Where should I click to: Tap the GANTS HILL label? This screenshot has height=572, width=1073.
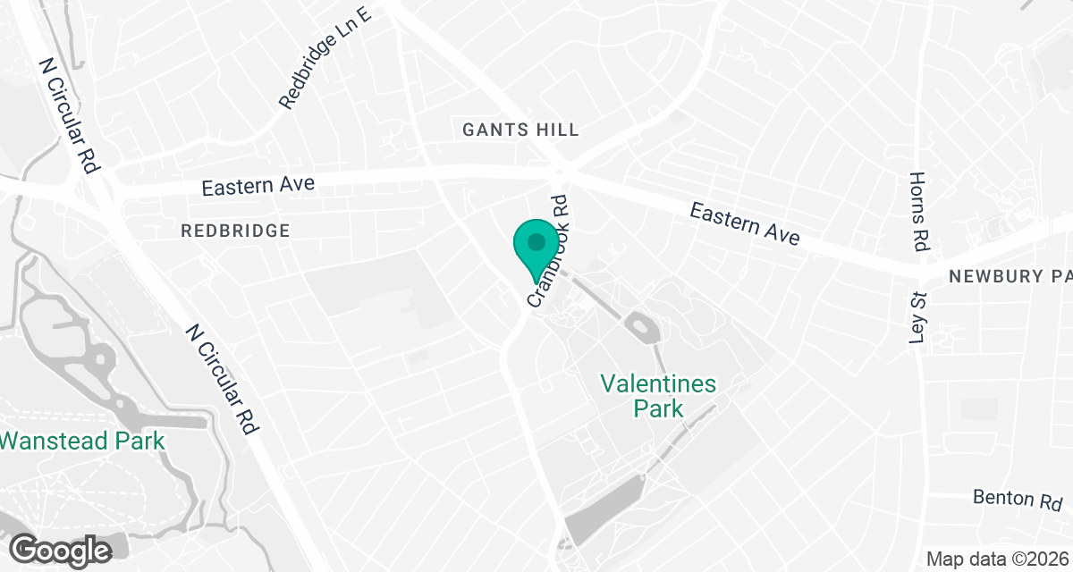pyautogui.click(x=520, y=130)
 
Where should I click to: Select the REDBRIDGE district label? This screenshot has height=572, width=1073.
pyautogui.click(x=235, y=231)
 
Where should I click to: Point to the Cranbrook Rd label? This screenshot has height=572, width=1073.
pyautogui.click(x=549, y=252)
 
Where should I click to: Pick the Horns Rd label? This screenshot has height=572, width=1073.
pyautogui.click(x=919, y=211)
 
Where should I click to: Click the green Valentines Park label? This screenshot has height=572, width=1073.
pyautogui.click(x=658, y=396)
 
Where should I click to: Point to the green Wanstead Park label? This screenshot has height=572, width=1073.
pyautogui.click(x=82, y=441)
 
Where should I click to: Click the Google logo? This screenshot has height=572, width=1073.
pyautogui.click(x=61, y=550)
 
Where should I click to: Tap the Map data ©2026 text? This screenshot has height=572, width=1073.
pyautogui.click(x=997, y=559)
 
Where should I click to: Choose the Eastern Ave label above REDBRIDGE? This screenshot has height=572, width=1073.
pyautogui.click(x=258, y=186)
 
